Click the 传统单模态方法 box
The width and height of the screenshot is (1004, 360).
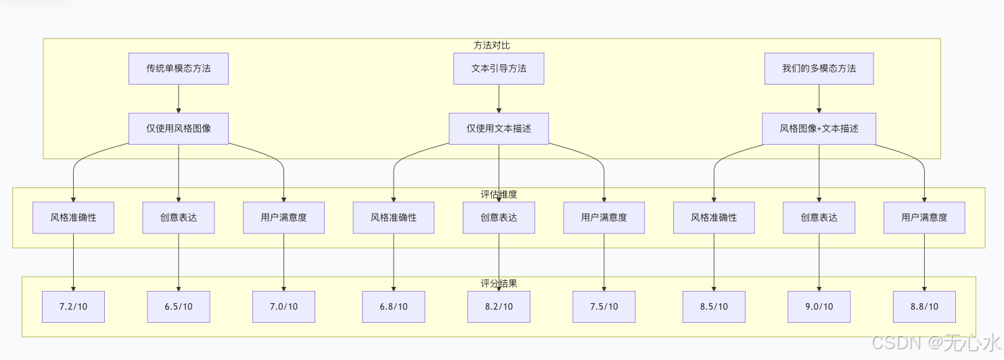tap(179, 68)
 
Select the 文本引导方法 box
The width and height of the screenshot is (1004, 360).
tap(499, 68)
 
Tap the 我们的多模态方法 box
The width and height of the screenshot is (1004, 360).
tap(819, 68)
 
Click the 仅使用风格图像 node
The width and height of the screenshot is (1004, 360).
tap(179, 128)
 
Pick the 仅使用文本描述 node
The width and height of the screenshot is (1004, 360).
tap(499, 128)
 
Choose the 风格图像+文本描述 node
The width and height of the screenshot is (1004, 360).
tap(819, 128)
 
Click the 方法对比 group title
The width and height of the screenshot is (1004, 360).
tap(492, 45)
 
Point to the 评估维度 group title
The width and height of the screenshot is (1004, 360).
tap(499, 194)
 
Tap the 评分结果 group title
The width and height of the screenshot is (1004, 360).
tap(499, 284)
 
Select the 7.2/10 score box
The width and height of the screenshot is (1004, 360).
tap(73, 307)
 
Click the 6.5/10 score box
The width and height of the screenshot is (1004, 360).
tap(179, 307)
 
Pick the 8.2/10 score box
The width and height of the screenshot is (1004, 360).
tap(499, 307)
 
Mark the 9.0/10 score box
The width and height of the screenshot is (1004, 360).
tap(819, 307)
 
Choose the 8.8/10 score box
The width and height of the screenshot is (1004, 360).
tap(924, 307)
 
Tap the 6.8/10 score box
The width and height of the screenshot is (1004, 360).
tap(393, 307)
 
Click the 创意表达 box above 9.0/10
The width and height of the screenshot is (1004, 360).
tap(819, 217)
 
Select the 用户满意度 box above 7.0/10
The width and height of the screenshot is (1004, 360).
tap(283, 217)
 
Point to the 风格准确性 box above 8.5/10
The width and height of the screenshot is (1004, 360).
tap(714, 217)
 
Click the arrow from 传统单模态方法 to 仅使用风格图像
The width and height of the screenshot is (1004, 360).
tap(179, 98)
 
